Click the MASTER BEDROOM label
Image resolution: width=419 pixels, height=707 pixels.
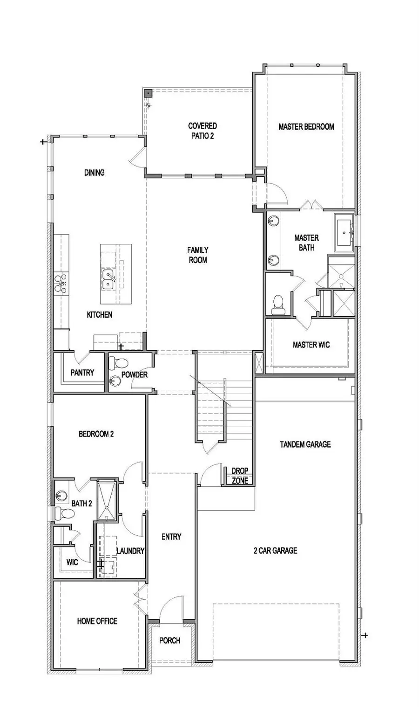click(306, 126)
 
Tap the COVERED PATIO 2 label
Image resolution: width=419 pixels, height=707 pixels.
click(202, 131)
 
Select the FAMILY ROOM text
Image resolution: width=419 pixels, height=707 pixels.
click(198, 255)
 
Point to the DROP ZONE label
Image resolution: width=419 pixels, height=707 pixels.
click(240, 476)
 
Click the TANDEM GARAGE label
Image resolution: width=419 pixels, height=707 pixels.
click(305, 444)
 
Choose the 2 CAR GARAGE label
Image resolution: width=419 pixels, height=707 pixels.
click(275, 551)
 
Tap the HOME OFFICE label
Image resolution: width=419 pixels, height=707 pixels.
click(97, 621)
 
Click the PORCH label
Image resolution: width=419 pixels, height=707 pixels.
click(169, 641)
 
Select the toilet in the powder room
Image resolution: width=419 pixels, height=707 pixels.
click(121, 362)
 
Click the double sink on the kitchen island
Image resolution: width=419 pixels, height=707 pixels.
click(108, 279)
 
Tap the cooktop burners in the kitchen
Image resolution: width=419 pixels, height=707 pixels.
click(61, 283)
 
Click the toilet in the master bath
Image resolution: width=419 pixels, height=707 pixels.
click(278, 302)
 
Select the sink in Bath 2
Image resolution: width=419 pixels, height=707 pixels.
click(61, 496)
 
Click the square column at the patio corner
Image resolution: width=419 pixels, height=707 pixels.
click(147, 93)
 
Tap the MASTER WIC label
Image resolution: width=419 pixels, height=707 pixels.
click(311, 345)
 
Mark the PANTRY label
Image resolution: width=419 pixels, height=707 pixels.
click(82, 373)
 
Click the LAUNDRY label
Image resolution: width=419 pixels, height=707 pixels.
click(130, 551)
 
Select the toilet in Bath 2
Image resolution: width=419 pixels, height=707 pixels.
click(64, 514)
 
